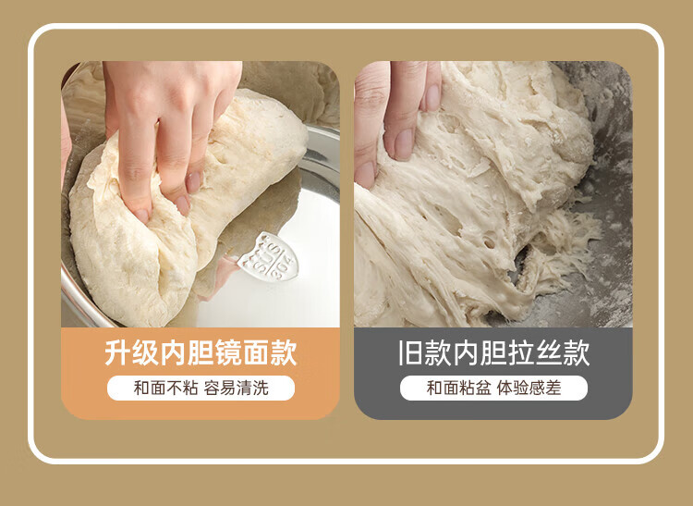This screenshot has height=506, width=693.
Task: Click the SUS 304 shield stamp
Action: coord(268,256)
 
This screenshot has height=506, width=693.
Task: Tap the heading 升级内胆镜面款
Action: coord(201,352)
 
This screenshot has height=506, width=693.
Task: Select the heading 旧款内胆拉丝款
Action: coord(493,352)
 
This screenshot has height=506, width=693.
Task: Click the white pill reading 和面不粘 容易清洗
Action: coord(201,388)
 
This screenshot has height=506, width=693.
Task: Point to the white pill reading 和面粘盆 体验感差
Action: coord(493,388)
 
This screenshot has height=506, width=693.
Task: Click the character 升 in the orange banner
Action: coord(118,352)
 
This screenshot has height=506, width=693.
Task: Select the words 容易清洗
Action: coord(236,388)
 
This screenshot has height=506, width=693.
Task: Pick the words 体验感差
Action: coord(529,388)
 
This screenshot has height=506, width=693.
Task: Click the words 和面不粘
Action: coord(165,388)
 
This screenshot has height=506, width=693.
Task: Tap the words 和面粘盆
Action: coord(458,388)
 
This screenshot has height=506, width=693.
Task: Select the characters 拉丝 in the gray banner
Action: coord(535,352)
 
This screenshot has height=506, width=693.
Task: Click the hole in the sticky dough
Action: coord(489,243)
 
